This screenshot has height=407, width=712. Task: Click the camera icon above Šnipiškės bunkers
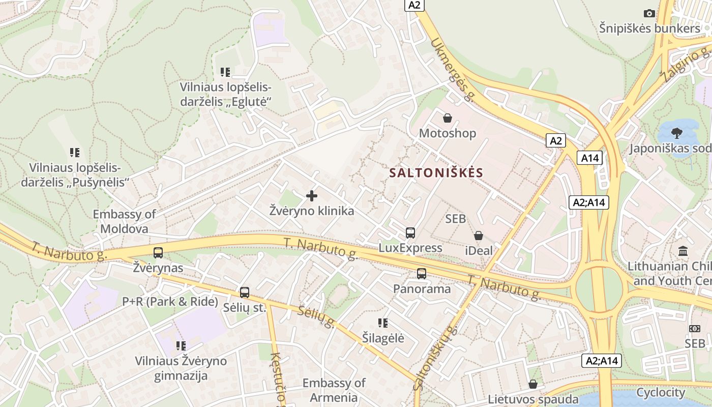click(649, 13)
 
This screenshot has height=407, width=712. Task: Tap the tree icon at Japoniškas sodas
click(676, 133)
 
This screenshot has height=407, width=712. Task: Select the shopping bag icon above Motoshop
click(447, 119)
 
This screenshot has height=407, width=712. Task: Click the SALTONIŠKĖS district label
click(436, 172)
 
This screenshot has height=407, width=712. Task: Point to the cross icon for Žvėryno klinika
click(312, 196)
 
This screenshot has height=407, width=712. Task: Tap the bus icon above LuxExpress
click(410, 233)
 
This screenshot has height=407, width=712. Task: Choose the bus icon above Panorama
click(422, 274)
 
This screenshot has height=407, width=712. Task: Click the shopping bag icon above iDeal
click(479, 236)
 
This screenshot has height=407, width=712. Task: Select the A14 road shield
click(589, 158)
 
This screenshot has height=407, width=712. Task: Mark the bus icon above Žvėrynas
click(158, 252)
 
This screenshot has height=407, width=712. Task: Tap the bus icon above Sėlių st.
click(245, 293)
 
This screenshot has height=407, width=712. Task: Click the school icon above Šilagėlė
click(383, 323)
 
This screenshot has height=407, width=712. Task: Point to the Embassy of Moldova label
click(124, 221)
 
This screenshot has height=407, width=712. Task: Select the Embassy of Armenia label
click(334, 390)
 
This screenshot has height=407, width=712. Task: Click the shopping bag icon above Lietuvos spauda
click(533, 384)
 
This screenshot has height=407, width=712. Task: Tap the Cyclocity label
click(661, 392)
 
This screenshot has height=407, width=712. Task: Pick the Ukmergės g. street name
click(452, 70)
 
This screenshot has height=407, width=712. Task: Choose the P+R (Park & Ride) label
click(170, 301)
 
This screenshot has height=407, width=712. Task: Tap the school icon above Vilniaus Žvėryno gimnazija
click(181, 346)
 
